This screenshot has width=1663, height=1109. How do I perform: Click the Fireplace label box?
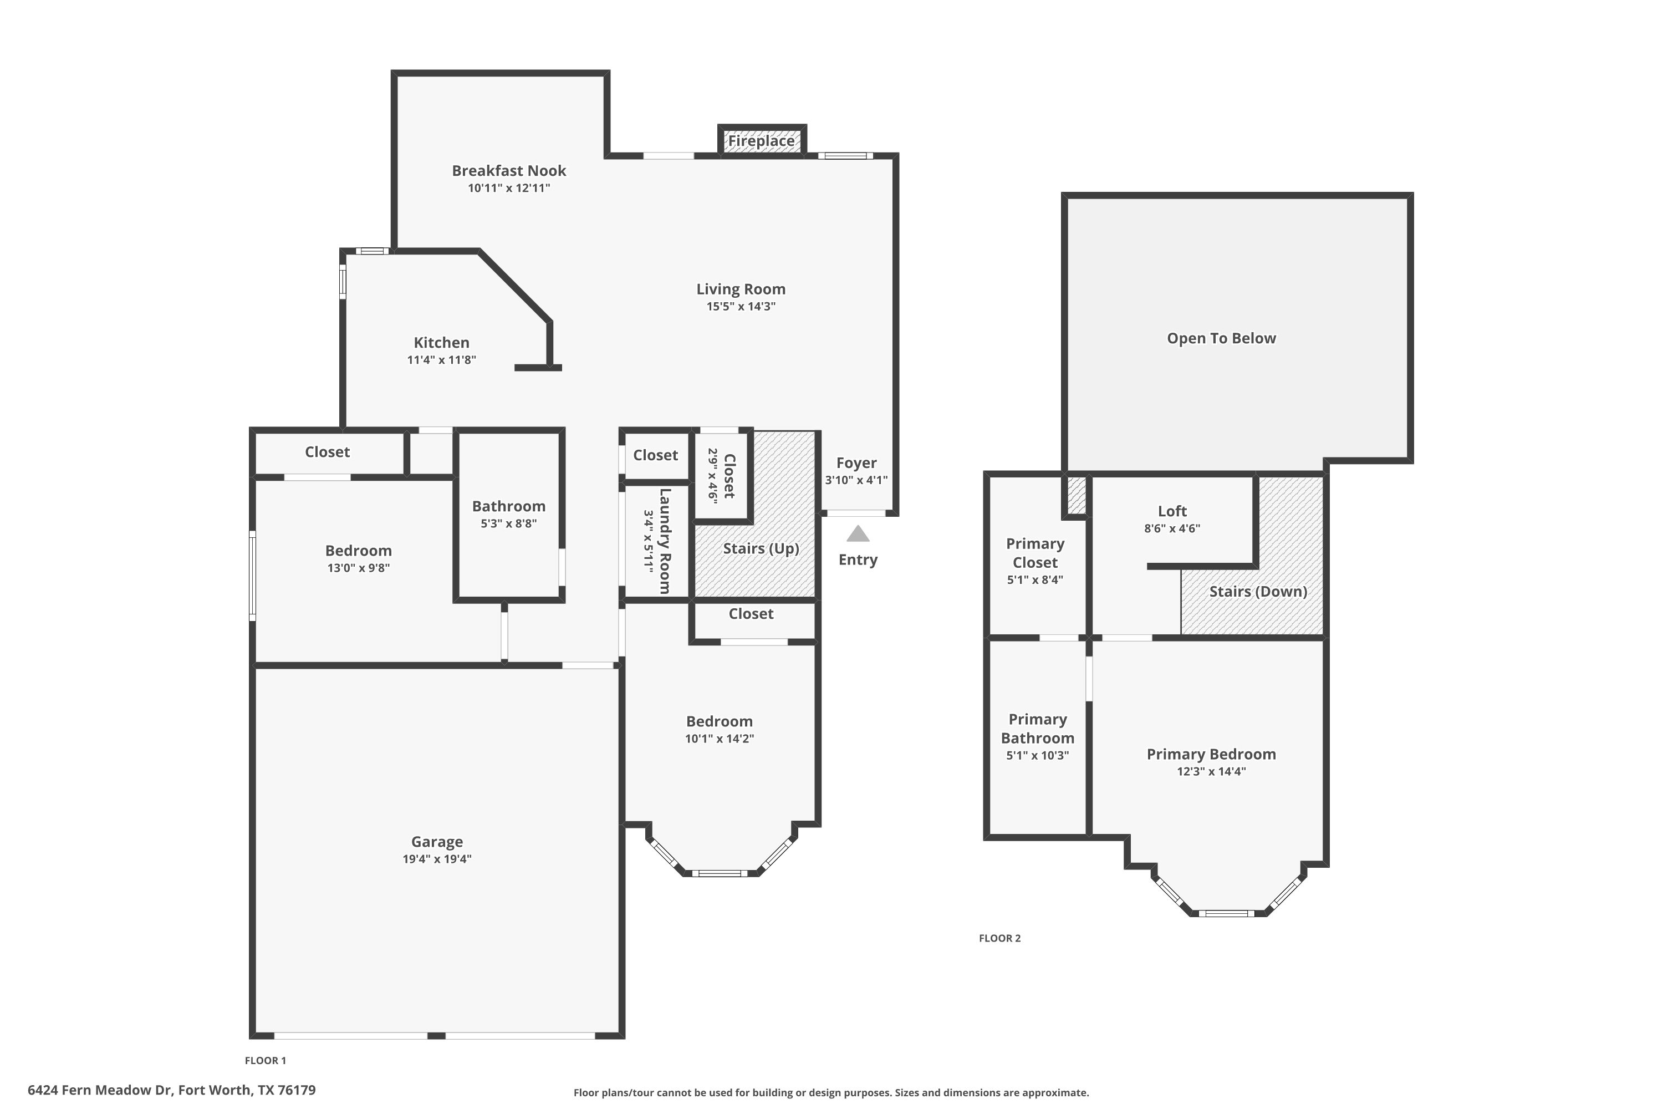[x=762, y=141]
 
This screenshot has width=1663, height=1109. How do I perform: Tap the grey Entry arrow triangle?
[x=858, y=534]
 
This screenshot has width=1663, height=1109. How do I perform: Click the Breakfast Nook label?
[x=508, y=170]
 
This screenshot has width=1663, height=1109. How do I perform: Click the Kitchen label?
[x=441, y=342]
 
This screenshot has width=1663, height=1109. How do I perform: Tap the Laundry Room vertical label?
[x=665, y=541]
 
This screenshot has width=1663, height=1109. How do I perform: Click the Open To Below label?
[x=1221, y=338]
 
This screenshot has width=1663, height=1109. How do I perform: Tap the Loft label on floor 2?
[x=1172, y=511]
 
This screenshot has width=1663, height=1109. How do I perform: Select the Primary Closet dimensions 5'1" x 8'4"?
[x=1034, y=580]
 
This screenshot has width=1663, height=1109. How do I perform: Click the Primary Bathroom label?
[x=1037, y=729]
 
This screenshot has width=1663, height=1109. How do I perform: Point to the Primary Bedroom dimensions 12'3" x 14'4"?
[x=1211, y=772]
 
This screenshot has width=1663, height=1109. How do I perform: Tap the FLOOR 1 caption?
[x=265, y=1060]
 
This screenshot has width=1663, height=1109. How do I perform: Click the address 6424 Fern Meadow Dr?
[x=171, y=1090]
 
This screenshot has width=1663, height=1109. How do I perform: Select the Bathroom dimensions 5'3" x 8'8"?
[x=508, y=523]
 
